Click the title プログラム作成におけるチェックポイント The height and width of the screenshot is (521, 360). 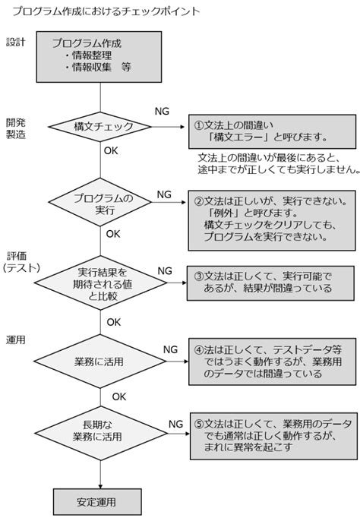point(102,11)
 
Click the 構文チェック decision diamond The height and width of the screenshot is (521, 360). point(103,126)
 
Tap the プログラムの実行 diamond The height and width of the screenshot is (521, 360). point(103,204)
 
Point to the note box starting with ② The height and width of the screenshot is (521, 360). point(270,219)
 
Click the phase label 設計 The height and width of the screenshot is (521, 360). point(15,41)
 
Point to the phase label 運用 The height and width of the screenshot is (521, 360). point(15,339)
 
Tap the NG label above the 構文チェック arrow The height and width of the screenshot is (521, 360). point(162,111)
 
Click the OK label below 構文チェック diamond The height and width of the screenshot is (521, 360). point(111,151)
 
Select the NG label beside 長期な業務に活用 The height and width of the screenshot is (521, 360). point(175,423)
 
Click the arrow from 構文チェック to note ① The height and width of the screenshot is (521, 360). point(171,126)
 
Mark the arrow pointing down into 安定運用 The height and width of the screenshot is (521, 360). point(101,475)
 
